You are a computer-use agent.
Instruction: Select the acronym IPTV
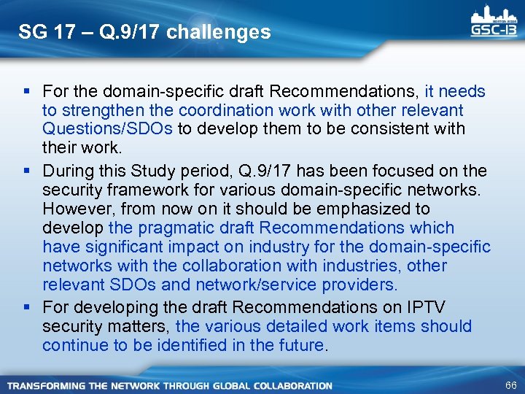tap(451, 307)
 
